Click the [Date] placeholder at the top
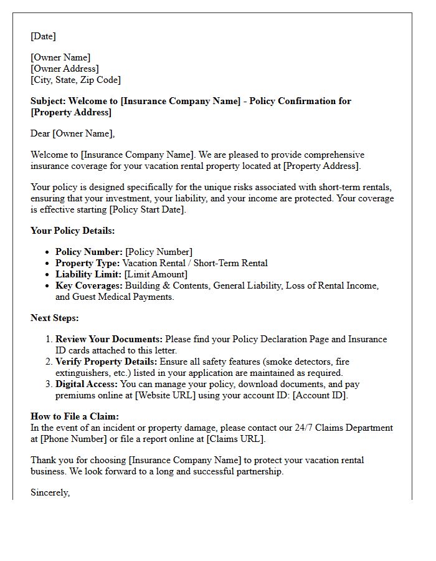coord(43,36)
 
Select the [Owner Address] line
coord(65,69)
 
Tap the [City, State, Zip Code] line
coord(75,80)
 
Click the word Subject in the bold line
coord(47,101)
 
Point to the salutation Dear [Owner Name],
coord(72,133)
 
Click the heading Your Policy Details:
coord(72,231)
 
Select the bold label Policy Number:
coord(89,252)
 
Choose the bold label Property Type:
coord(88,263)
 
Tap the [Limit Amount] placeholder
coord(156,274)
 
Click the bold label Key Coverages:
coord(89,285)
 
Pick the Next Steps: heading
coord(55,318)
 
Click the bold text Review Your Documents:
coord(109,339)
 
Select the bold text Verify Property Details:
coord(107,362)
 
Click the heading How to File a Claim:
coord(75,416)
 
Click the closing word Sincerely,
coord(50,492)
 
